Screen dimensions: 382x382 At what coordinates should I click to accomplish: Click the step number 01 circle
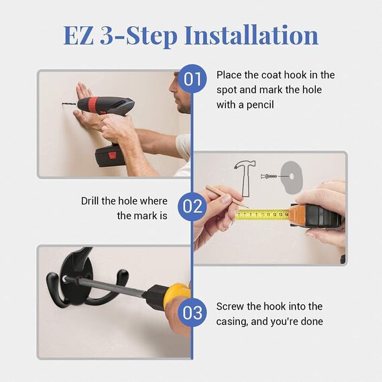tap(192, 78)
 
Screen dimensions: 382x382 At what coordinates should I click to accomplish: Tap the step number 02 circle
tap(192, 206)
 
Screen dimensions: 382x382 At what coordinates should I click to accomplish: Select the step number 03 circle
tap(192, 312)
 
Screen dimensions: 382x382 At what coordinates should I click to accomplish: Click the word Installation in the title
tap(251, 35)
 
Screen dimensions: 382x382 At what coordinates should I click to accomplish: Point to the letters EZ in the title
tap(78, 36)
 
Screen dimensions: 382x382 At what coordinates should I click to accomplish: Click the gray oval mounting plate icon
tap(292, 178)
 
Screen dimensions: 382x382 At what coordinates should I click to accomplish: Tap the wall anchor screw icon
tap(269, 176)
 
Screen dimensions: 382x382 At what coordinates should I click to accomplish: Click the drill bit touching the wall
tap(70, 104)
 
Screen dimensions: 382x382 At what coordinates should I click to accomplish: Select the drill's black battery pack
tap(110, 155)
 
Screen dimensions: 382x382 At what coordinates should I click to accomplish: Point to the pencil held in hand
tap(227, 196)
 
